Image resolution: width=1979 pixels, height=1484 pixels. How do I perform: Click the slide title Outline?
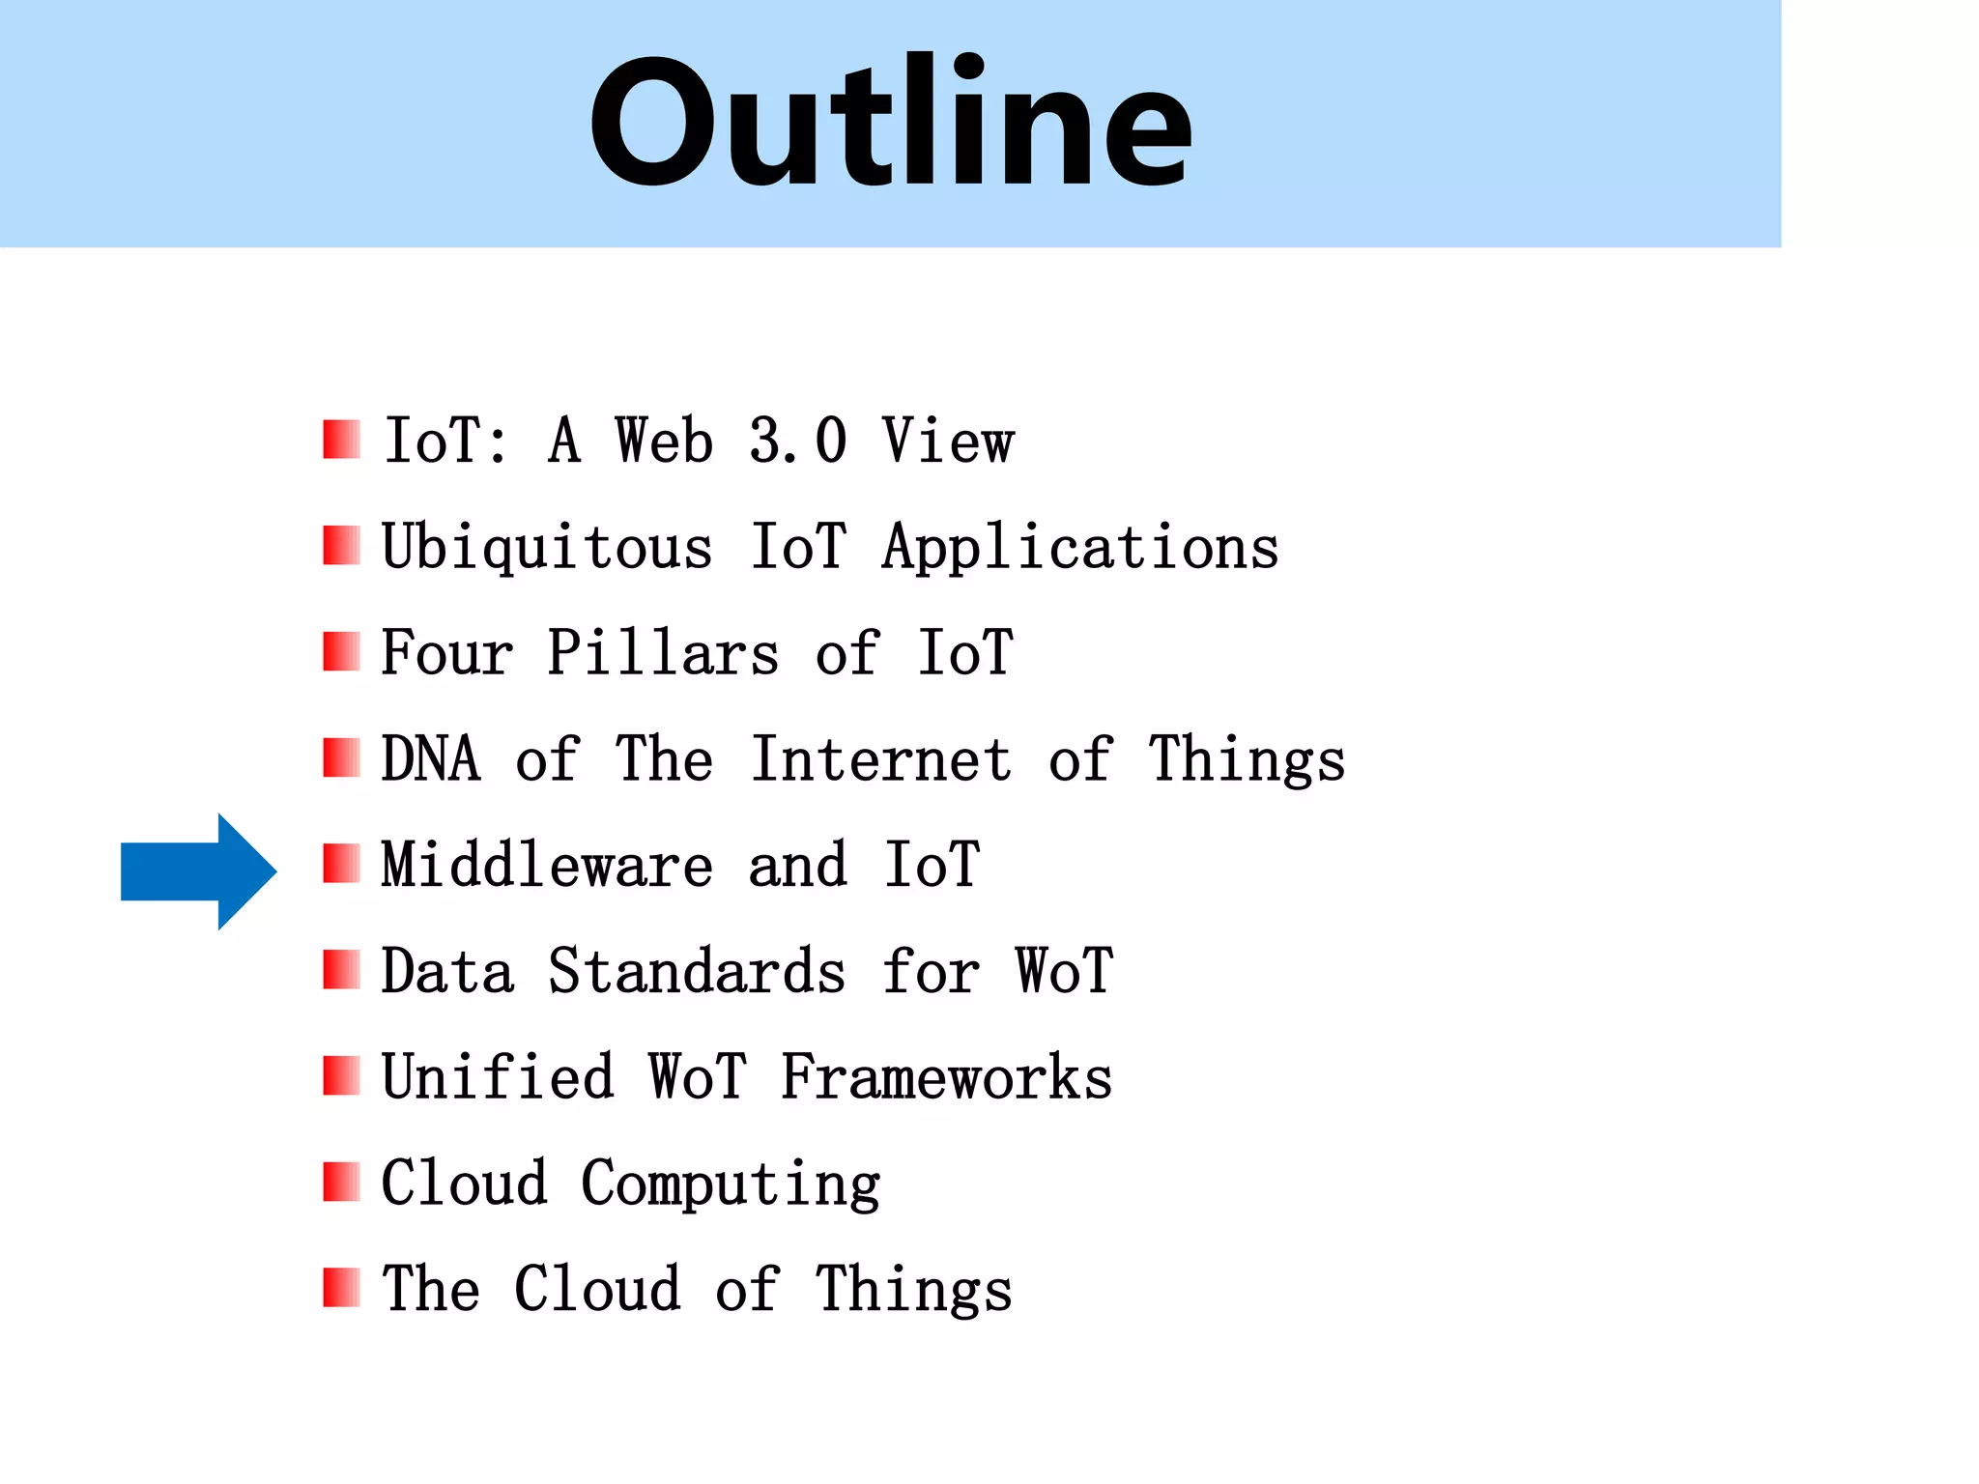pos(890,122)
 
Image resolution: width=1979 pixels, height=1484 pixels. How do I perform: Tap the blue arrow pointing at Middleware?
pos(198,871)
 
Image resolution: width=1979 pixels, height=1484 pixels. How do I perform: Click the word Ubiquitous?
pos(547,549)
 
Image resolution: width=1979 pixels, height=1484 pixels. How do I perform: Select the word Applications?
pos(1080,549)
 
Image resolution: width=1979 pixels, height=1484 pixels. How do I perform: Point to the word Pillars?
pos(663,653)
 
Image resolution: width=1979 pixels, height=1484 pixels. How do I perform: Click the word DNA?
pos(431,759)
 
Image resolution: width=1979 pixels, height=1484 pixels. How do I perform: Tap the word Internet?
pos(881,759)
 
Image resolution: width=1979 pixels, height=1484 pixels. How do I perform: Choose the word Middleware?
pos(547,866)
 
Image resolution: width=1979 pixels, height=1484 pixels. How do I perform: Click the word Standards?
pos(697,972)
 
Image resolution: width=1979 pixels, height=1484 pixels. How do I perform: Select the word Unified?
pos(498,1077)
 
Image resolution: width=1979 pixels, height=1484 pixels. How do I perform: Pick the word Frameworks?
pos(947,1077)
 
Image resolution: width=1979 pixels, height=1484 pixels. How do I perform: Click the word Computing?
pos(731,1184)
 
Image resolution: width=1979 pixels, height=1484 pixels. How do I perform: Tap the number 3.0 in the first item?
pos(798,442)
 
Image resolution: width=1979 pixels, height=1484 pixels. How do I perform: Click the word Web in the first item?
pos(664,442)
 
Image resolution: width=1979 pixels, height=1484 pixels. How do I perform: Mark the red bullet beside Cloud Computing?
pos(341,1182)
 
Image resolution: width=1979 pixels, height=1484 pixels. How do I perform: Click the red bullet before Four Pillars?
pos(341,652)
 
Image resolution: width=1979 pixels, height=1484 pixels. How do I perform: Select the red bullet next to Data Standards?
pos(341,970)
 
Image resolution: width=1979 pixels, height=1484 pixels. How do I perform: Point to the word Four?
pos(446,653)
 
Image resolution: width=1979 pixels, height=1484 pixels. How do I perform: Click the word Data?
pos(447,972)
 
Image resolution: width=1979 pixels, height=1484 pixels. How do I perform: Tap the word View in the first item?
pos(948,442)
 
